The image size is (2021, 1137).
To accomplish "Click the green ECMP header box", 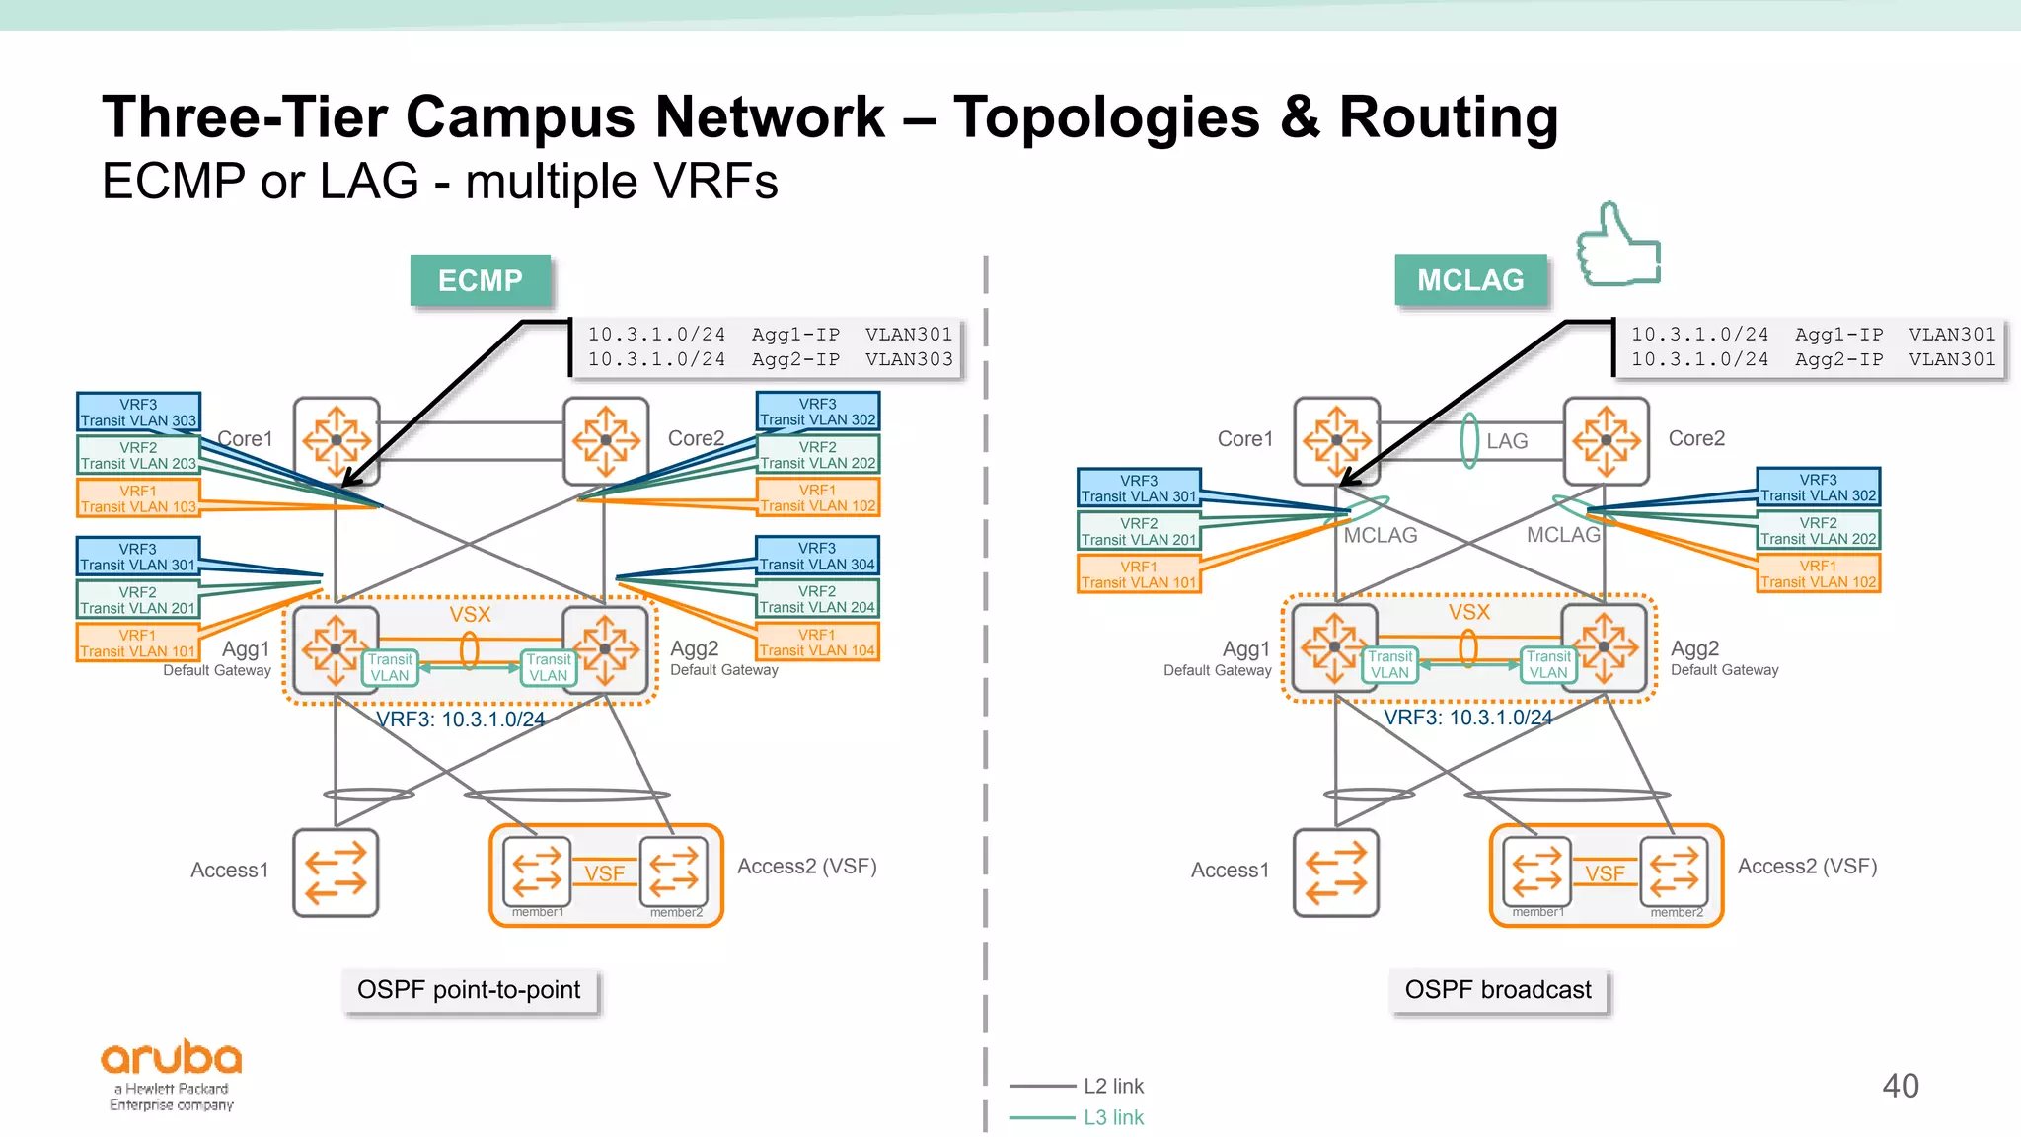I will click(480, 281).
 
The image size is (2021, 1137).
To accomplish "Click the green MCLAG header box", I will click(1469, 281).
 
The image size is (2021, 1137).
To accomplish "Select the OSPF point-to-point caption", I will click(469, 990).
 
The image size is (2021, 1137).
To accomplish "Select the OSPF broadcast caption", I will click(1497, 990).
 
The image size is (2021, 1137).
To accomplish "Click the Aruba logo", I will click(172, 1074).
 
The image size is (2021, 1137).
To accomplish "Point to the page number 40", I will click(1900, 1086).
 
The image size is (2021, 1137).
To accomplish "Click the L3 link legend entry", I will click(1112, 1117).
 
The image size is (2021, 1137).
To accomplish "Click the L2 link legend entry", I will click(1112, 1086).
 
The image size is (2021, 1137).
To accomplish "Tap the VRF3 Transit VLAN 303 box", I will click(138, 413).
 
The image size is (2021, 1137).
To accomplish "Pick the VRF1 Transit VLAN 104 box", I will click(817, 643).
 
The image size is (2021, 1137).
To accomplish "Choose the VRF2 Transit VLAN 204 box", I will click(817, 599).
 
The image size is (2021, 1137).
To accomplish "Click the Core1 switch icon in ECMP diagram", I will click(337, 440).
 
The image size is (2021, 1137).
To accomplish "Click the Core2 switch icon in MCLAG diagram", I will click(1606, 440).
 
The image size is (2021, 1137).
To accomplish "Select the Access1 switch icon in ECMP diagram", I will click(336, 872).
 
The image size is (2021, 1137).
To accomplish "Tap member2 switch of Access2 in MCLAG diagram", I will click(1674, 871).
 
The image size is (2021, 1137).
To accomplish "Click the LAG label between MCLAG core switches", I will click(1506, 441).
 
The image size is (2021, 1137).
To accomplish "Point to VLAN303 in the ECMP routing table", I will click(909, 360).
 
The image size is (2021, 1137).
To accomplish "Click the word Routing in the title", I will click(1448, 117).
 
